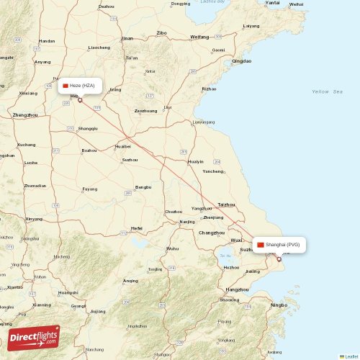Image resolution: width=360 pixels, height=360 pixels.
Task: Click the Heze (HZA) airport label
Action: click(x=81, y=86)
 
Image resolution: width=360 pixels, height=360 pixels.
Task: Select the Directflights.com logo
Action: click(x=34, y=337)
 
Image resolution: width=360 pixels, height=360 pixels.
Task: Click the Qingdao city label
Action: click(x=242, y=61)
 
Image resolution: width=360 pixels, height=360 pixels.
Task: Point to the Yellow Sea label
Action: click(x=327, y=92)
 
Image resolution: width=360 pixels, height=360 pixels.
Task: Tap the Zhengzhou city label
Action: click(x=24, y=115)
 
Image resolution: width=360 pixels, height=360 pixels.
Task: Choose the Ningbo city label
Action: click(x=280, y=305)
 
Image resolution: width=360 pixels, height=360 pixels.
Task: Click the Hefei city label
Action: click(x=136, y=228)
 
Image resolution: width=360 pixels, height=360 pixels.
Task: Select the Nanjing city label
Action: click(x=187, y=222)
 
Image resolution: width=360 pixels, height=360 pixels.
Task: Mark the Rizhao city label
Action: click(x=209, y=89)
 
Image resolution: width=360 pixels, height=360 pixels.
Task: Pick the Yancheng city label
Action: click(x=213, y=171)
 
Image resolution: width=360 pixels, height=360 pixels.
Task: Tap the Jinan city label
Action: click(x=127, y=38)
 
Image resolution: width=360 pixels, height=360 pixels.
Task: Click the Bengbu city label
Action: click(x=143, y=186)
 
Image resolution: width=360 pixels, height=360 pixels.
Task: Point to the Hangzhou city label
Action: click(x=238, y=289)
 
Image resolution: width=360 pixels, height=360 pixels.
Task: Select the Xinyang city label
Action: click(x=34, y=218)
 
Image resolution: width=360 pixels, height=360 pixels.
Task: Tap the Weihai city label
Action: click(x=295, y=4)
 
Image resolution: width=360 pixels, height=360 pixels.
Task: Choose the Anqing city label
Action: click(x=130, y=281)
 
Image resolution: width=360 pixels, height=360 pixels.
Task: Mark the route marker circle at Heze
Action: click(x=80, y=100)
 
